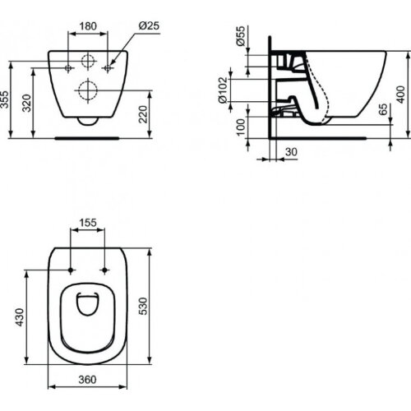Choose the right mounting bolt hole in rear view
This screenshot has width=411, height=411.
click(105, 66)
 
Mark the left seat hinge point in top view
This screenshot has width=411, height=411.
click(72, 269)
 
